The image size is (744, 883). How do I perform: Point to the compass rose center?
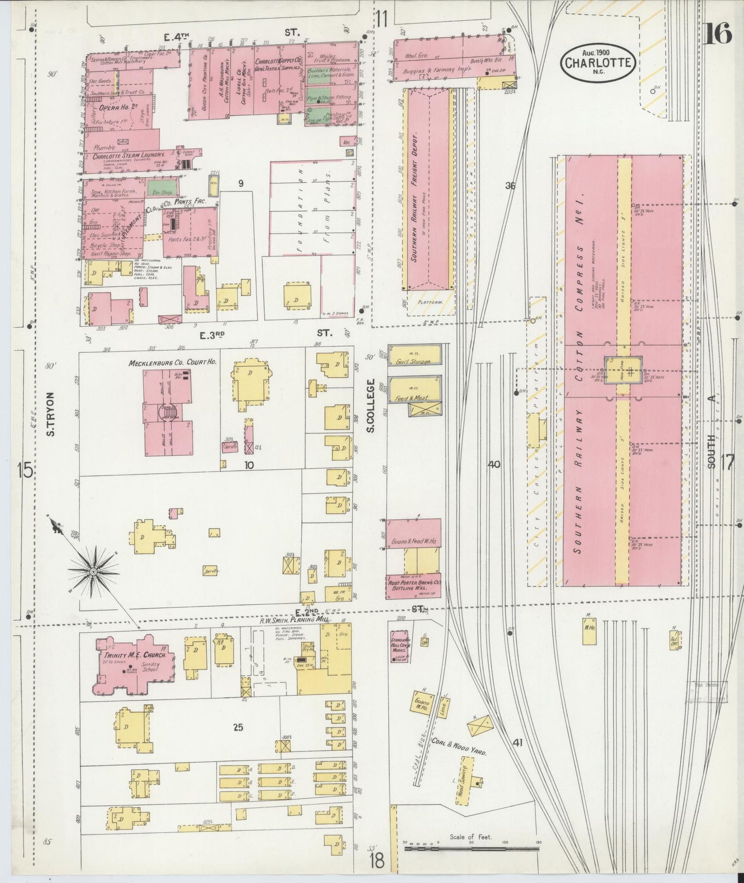(94, 571)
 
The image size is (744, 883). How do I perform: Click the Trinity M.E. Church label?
(135, 655)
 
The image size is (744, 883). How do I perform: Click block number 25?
(237, 727)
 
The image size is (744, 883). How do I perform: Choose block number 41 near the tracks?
(517, 742)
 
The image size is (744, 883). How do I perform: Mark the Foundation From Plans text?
(314, 210)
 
